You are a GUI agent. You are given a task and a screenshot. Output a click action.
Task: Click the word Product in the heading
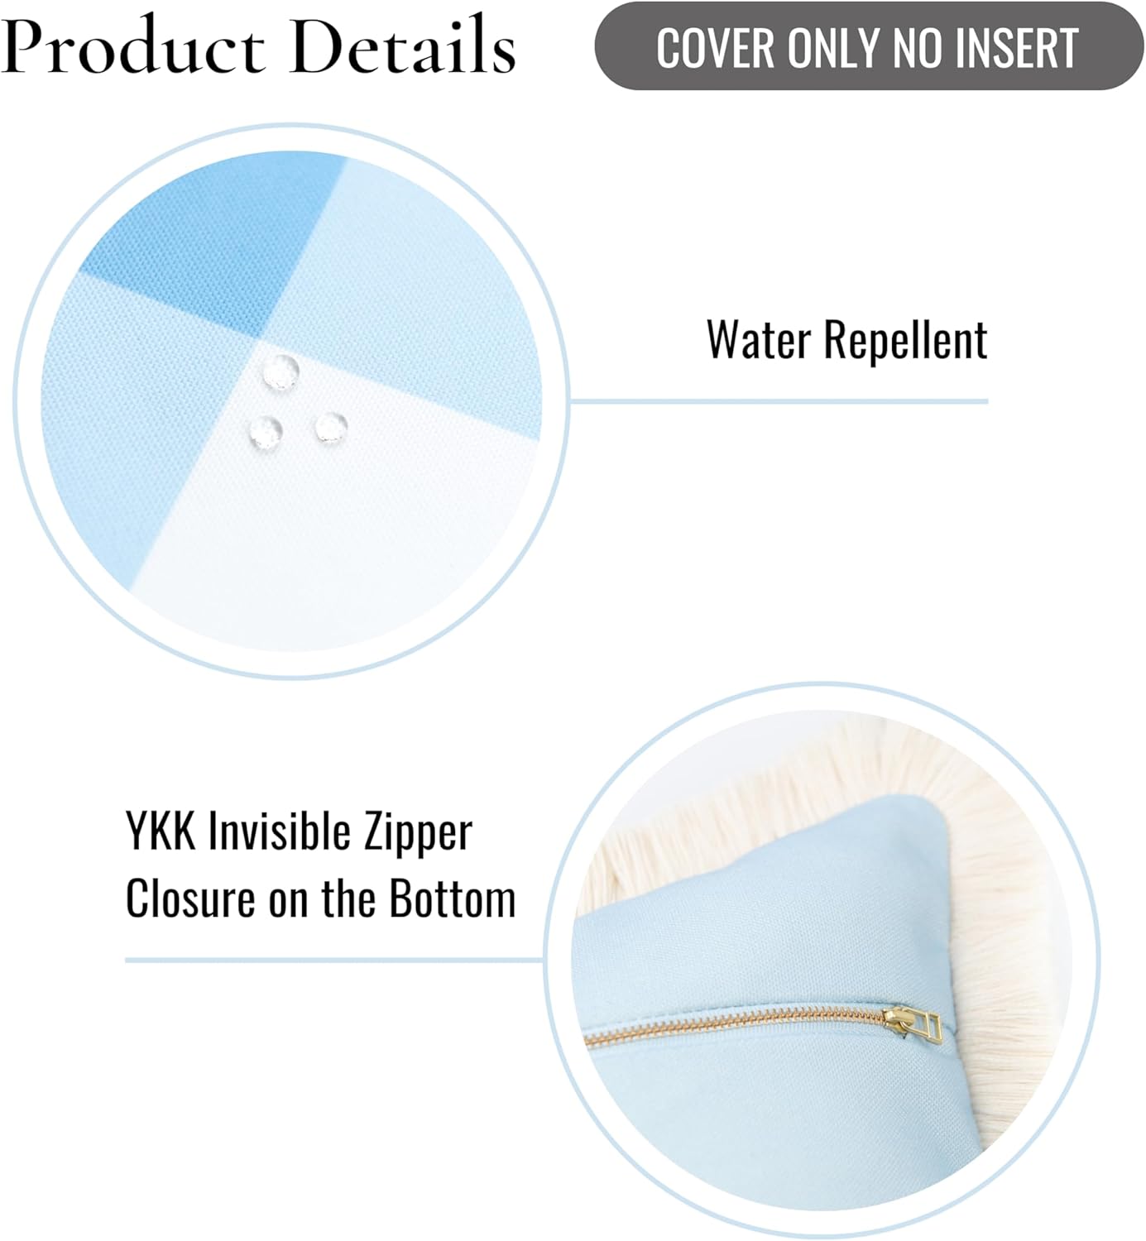(132, 46)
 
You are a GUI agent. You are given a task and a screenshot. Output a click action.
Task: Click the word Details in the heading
(403, 45)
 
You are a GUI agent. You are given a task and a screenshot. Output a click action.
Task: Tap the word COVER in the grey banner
(715, 48)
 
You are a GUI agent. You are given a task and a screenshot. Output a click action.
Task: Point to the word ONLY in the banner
(836, 48)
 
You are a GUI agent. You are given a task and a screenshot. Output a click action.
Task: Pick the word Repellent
(906, 341)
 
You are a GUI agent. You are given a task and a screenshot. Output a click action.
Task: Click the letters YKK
(161, 831)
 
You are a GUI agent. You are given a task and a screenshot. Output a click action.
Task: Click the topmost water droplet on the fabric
(281, 371)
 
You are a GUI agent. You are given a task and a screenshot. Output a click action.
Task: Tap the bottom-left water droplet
(266, 432)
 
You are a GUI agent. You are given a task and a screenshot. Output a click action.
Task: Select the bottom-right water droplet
(331, 428)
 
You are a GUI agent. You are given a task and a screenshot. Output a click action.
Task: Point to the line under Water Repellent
(779, 401)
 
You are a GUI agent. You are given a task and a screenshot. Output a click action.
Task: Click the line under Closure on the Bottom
(334, 961)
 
